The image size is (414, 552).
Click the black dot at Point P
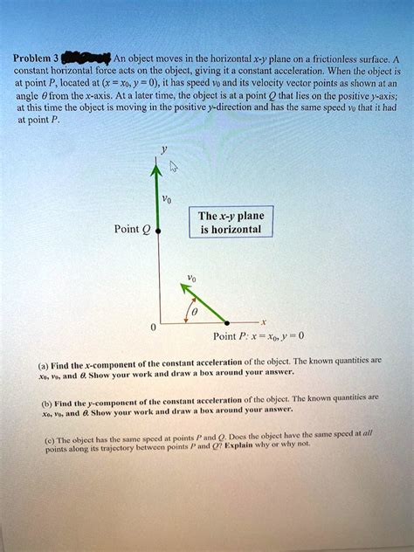click(x=230, y=321)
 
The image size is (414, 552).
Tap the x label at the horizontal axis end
click(x=264, y=321)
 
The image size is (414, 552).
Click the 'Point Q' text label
click(x=132, y=231)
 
